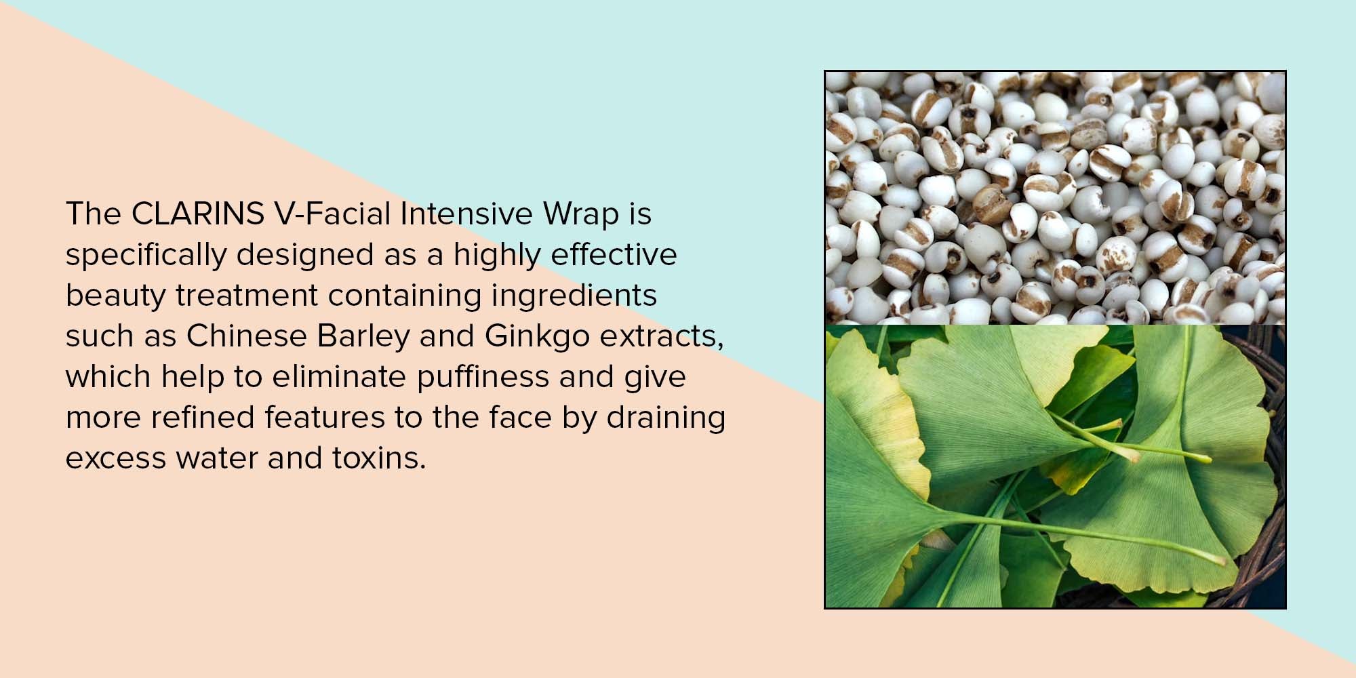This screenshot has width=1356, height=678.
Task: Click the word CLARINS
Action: coord(198,214)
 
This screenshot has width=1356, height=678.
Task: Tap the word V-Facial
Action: coord(333,214)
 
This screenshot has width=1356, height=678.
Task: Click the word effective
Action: coord(614,254)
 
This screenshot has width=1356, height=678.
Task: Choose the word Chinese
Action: coord(247,336)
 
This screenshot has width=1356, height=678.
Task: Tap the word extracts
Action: coord(661,337)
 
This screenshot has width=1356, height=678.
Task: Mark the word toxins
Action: coord(379,458)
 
